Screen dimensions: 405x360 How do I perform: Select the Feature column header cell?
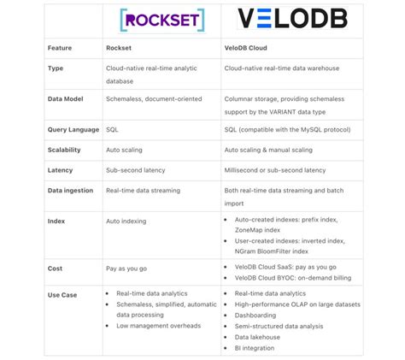click(x=60, y=49)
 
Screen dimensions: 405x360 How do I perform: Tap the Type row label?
click(x=56, y=68)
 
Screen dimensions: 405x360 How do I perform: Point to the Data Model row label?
click(x=65, y=99)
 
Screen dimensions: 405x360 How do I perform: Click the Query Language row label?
click(x=72, y=130)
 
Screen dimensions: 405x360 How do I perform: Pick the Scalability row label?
click(x=65, y=150)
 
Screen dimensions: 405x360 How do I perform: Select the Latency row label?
click(x=60, y=170)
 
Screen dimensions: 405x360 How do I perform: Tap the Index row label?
click(x=56, y=221)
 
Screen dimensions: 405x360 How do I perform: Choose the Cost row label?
click(x=56, y=268)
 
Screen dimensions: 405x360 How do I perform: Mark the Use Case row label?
click(x=62, y=293)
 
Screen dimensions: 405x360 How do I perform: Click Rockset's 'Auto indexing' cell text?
click(x=126, y=221)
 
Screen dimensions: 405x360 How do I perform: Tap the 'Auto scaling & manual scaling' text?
click(x=273, y=150)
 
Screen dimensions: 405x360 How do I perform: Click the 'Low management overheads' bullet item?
click(x=159, y=326)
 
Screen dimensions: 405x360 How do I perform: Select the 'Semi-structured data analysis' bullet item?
click(x=278, y=326)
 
